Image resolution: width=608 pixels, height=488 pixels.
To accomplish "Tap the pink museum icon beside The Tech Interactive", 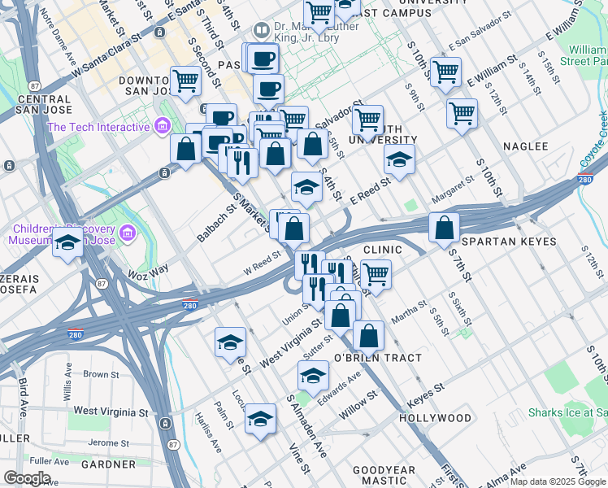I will click(162, 126).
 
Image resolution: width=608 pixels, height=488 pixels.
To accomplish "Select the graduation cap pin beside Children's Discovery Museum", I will click(68, 242).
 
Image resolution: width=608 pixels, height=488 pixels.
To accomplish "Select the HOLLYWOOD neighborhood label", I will click(435, 418).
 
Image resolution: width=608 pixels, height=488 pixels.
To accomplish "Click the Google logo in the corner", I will click(27, 477).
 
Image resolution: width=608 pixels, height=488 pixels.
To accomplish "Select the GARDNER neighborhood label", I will click(109, 464).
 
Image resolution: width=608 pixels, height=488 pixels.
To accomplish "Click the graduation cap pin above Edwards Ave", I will click(313, 376).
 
